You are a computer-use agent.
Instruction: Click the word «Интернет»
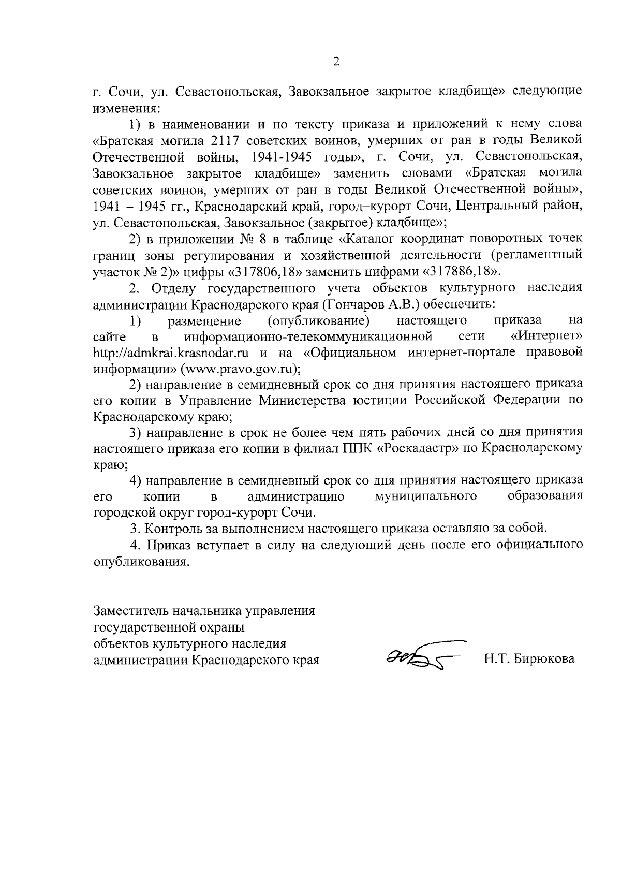pyautogui.click(x=547, y=337)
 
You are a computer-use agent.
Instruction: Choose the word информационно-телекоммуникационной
pyautogui.click(x=308, y=337)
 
